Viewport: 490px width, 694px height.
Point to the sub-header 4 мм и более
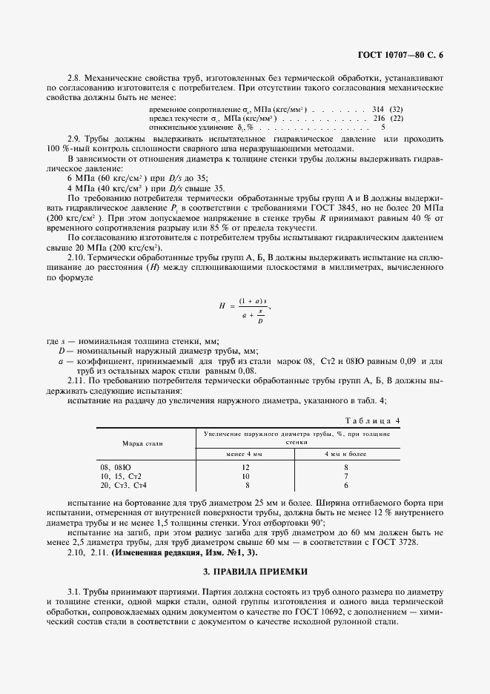click(346, 453)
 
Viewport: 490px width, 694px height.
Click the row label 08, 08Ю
click(115, 467)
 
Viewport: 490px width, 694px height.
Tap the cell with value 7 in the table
click(346, 476)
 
